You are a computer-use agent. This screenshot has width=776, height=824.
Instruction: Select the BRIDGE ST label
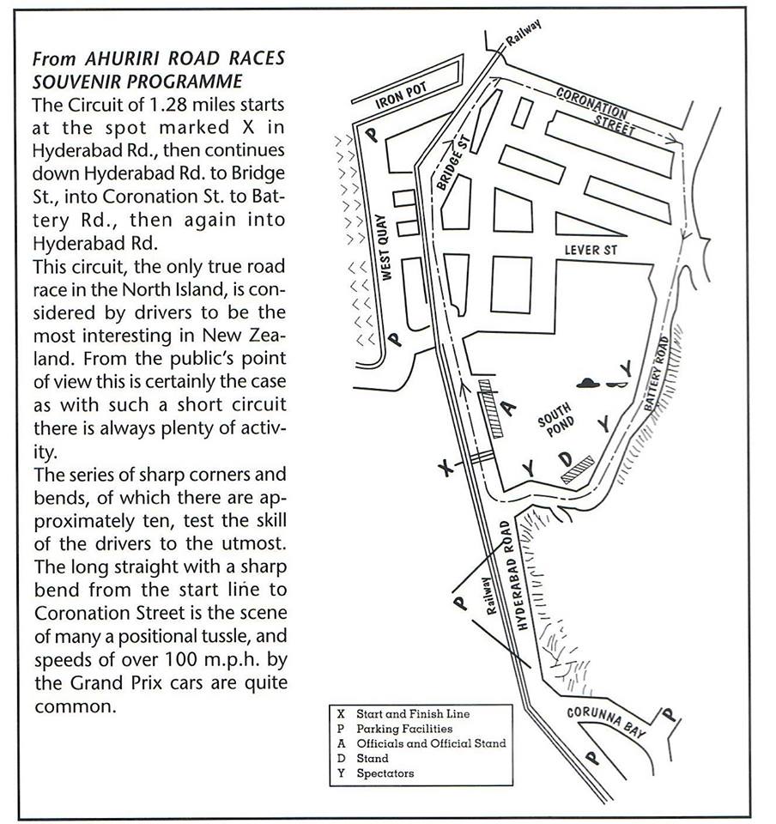(447, 162)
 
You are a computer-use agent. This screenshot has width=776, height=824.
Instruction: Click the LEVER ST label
(591, 250)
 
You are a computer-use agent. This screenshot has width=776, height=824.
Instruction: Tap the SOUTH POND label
(555, 421)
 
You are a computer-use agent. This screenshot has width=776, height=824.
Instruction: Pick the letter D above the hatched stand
(565, 455)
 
